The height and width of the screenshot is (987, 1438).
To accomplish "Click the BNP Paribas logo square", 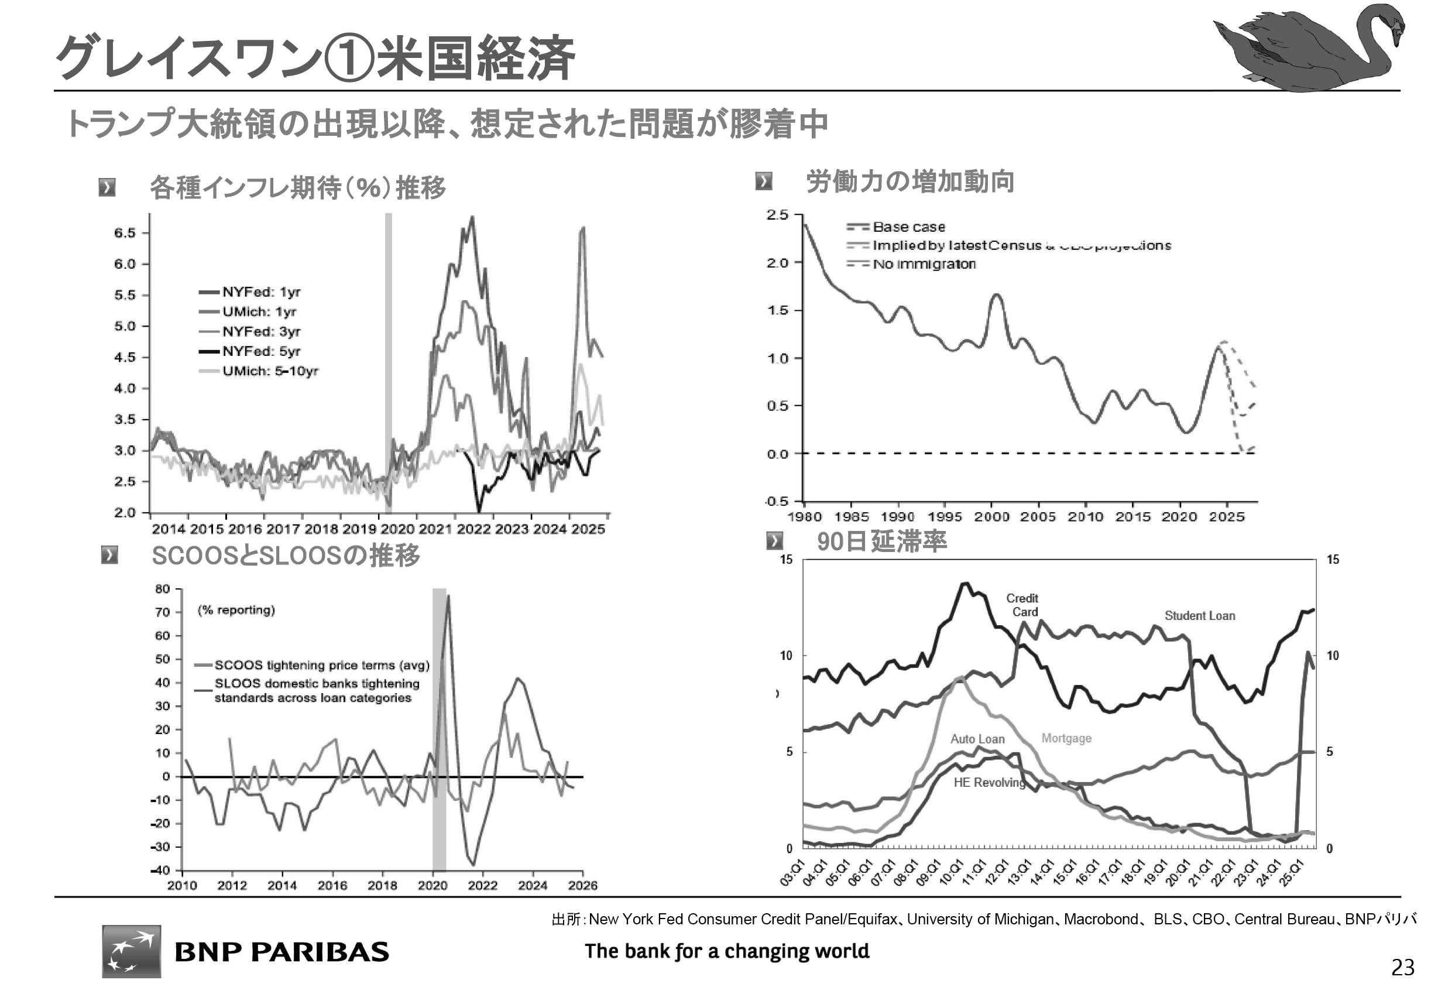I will [131, 951].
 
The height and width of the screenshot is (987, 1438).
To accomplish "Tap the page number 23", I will [1403, 967].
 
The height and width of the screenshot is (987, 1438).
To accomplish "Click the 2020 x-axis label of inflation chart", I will [397, 530].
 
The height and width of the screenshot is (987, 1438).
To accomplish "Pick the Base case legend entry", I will [908, 227].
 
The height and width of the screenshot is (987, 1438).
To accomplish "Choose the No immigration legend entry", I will [924, 264].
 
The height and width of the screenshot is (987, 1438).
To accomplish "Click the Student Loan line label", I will [1199, 616].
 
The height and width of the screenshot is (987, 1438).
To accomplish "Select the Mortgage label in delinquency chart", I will [1066, 738].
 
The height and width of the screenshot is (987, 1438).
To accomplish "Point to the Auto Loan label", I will [977, 739].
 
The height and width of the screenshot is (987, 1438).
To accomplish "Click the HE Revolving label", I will [989, 782].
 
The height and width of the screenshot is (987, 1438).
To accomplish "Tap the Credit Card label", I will [1022, 605].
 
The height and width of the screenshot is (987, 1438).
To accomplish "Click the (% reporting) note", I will [236, 610].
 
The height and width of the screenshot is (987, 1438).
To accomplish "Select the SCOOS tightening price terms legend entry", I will [321, 665].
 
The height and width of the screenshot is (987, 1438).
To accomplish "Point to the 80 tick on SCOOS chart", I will [163, 589].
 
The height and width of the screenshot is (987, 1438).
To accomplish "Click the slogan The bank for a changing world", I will [726, 951].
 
